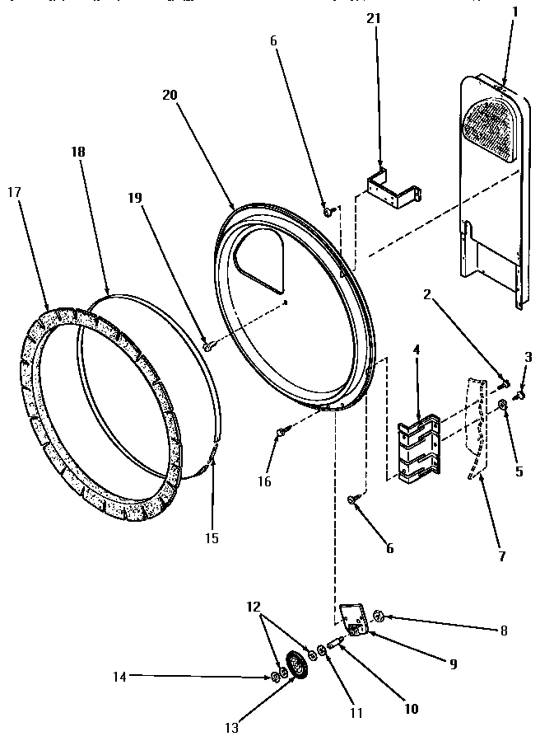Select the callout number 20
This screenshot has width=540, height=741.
click(x=170, y=96)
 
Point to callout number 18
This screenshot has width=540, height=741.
click(x=78, y=152)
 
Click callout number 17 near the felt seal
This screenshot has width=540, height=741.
click(x=14, y=192)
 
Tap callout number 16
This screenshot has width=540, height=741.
click(x=264, y=482)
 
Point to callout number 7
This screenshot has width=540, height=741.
click(x=500, y=556)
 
